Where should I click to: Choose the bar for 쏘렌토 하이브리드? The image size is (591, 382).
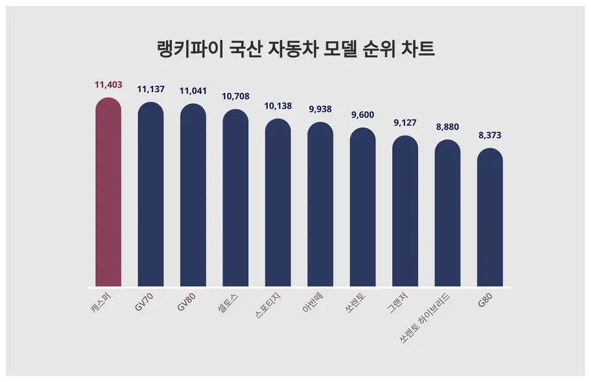pyautogui.click(x=448, y=213)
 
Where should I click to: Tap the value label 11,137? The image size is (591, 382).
pyautogui.click(x=150, y=89)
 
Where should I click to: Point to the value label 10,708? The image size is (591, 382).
pyautogui.click(x=236, y=97)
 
